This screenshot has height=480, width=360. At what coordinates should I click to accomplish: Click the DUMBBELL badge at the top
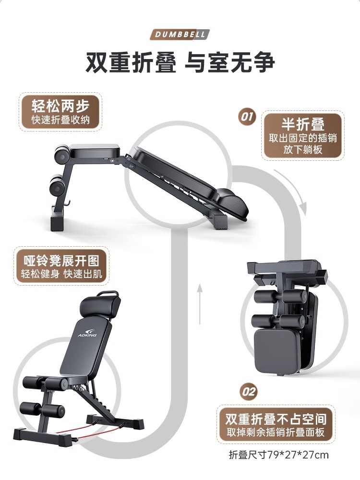coord(180,35)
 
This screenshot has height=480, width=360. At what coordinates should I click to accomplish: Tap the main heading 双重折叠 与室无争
coord(180,63)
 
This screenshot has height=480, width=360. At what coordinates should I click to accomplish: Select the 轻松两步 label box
coord(60,112)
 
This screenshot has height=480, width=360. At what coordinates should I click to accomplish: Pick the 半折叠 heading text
coord(302,124)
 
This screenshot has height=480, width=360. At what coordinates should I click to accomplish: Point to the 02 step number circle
coord(249,392)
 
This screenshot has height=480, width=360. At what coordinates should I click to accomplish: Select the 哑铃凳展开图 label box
coord(61,267)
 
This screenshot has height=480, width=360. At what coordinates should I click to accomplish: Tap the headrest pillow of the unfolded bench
coord(99,306)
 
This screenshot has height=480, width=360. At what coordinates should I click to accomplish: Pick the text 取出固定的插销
coord(302,138)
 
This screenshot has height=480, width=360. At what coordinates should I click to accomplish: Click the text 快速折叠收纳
coord(60,120)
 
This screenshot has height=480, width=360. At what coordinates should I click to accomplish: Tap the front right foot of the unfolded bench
coord(133,424)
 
